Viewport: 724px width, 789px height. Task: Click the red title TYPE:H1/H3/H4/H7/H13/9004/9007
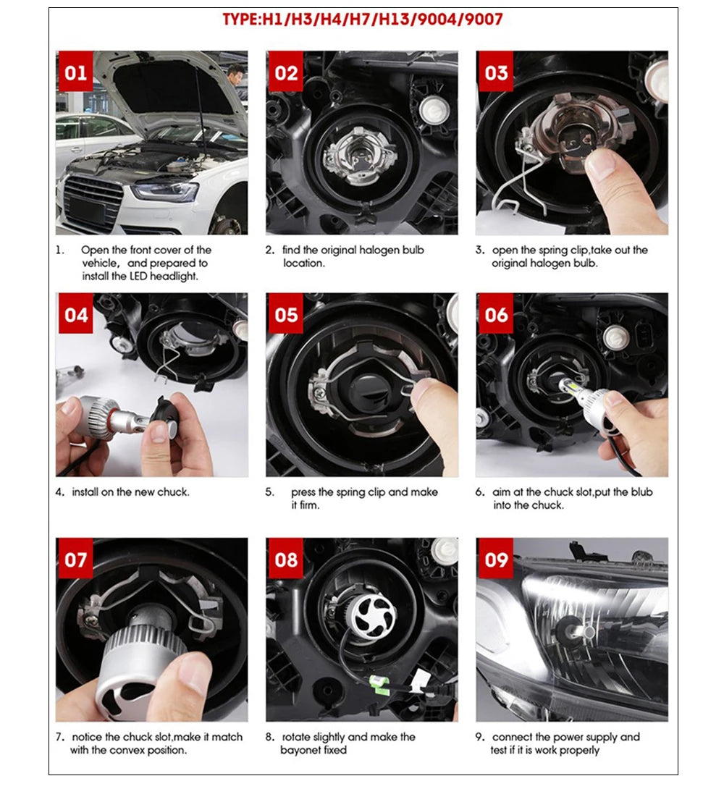click(x=362, y=20)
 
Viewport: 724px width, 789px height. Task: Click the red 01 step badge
click(x=75, y=73)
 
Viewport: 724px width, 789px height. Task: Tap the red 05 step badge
click(x=286, y=315)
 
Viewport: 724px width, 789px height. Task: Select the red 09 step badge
click(x=496, y=560)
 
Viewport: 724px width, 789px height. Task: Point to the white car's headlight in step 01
click(x=164, y=190)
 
